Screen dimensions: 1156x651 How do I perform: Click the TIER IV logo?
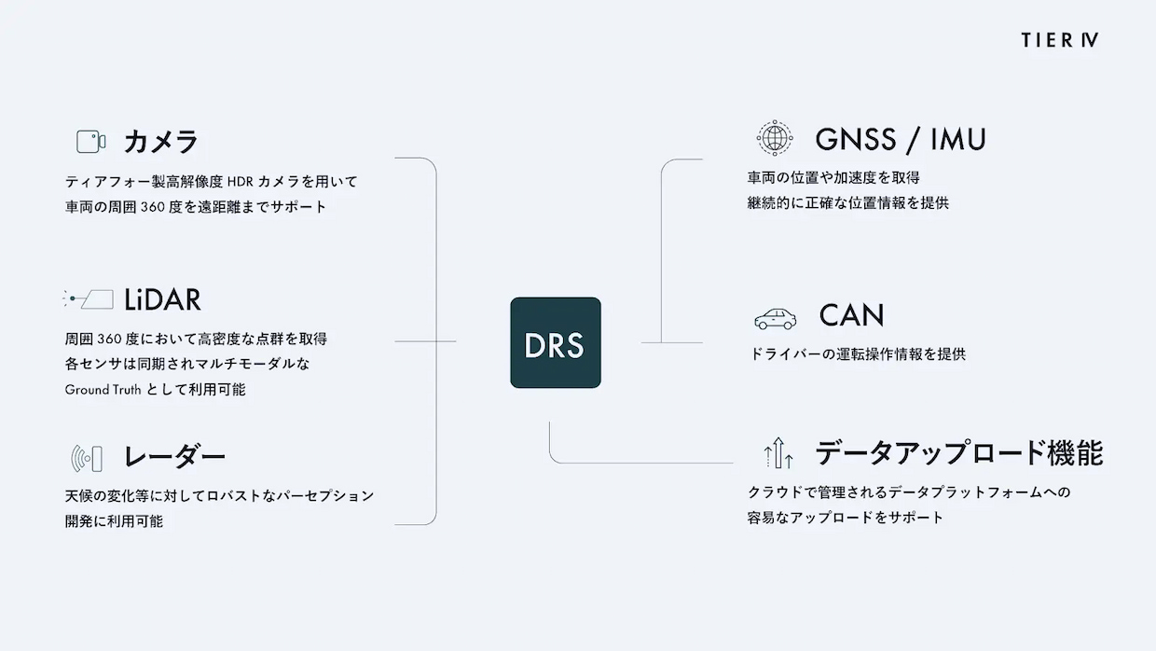(x=1060, y=40)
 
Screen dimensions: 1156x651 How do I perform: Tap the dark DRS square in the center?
(x=556, y=343)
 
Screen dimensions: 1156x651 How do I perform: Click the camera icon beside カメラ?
(x=90, y=142)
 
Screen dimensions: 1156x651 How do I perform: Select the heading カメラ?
(x=160, y=142)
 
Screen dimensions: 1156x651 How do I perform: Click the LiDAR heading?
(x=162, y=300)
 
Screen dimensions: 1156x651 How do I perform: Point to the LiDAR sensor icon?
(x=88, y=298)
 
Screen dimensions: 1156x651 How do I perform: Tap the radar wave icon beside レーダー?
(x=87, y=458)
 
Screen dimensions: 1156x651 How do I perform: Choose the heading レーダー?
(x=174, y=457)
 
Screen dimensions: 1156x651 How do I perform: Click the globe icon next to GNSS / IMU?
(x=775, y=138)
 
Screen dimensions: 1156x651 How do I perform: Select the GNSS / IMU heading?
(x=901, y=139)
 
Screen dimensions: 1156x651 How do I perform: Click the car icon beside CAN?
(x=775, y=319)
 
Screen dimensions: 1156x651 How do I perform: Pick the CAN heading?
(x=851, y=315)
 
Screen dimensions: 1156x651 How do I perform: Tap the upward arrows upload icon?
(x=778, y=452)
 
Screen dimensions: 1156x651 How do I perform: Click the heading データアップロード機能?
(x=959, y=452)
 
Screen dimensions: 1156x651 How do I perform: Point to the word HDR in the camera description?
(x=240, y=182)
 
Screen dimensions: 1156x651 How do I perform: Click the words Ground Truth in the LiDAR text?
(x=103, y=389)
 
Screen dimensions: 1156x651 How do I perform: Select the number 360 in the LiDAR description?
(x=109, y=339)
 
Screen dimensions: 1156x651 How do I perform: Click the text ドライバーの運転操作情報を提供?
(x=857, y=354)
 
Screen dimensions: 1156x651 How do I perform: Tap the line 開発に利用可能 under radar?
(x=114, y=521)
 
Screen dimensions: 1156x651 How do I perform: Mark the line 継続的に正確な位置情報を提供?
(x=848, y=203)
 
